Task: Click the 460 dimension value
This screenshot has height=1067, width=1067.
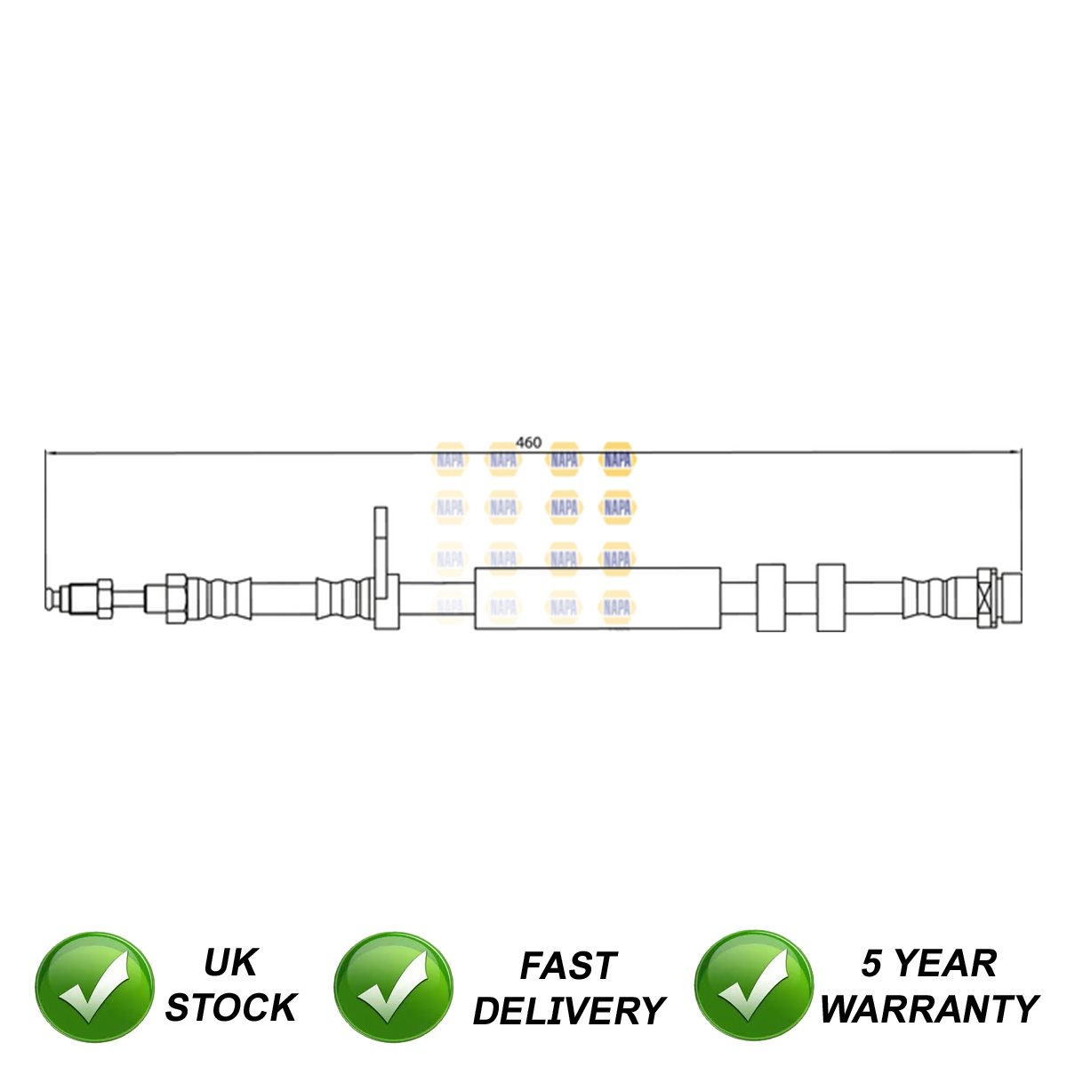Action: coord(529,442)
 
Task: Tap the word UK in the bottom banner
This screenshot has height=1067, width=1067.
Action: coord(229,962)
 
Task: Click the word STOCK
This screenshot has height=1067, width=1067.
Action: coord(230,1007)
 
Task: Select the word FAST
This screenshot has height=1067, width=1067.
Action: coord(568,966)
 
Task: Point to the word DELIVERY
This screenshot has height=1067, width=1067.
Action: coord(568,1011)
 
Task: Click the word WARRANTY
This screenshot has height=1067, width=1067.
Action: coord(929,1009)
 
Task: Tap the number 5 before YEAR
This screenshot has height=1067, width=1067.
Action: coord(872,964)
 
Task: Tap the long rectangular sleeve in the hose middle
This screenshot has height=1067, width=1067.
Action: coord(598,598)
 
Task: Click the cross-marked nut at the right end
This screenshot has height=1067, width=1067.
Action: coord(984,598)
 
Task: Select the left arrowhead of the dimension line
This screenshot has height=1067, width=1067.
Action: coord(50,453)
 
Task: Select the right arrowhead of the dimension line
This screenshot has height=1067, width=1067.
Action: coord(1016,453)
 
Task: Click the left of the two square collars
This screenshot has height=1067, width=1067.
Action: coord(770,598)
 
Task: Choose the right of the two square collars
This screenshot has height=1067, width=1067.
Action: coord(830,598)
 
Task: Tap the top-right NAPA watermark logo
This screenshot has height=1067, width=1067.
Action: coord(617,459)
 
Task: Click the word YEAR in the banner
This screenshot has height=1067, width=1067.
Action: coord(946,964)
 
